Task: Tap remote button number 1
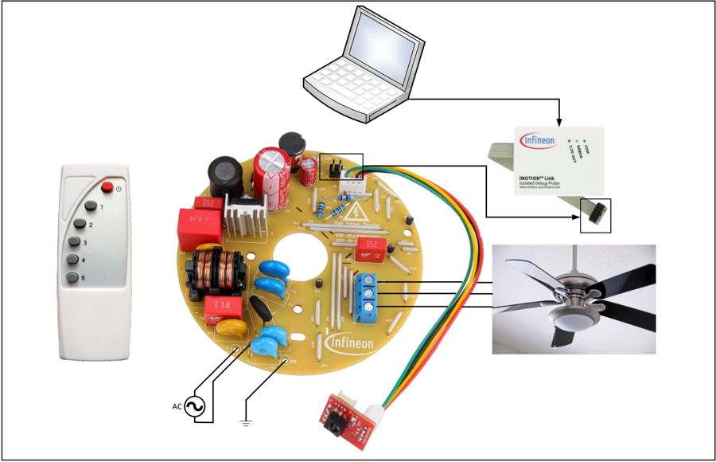[x=91, y=207]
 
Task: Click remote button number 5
[x=74, y=277]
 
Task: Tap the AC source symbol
[x=196, y=405]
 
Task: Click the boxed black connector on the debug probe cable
[x=594, y=215]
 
